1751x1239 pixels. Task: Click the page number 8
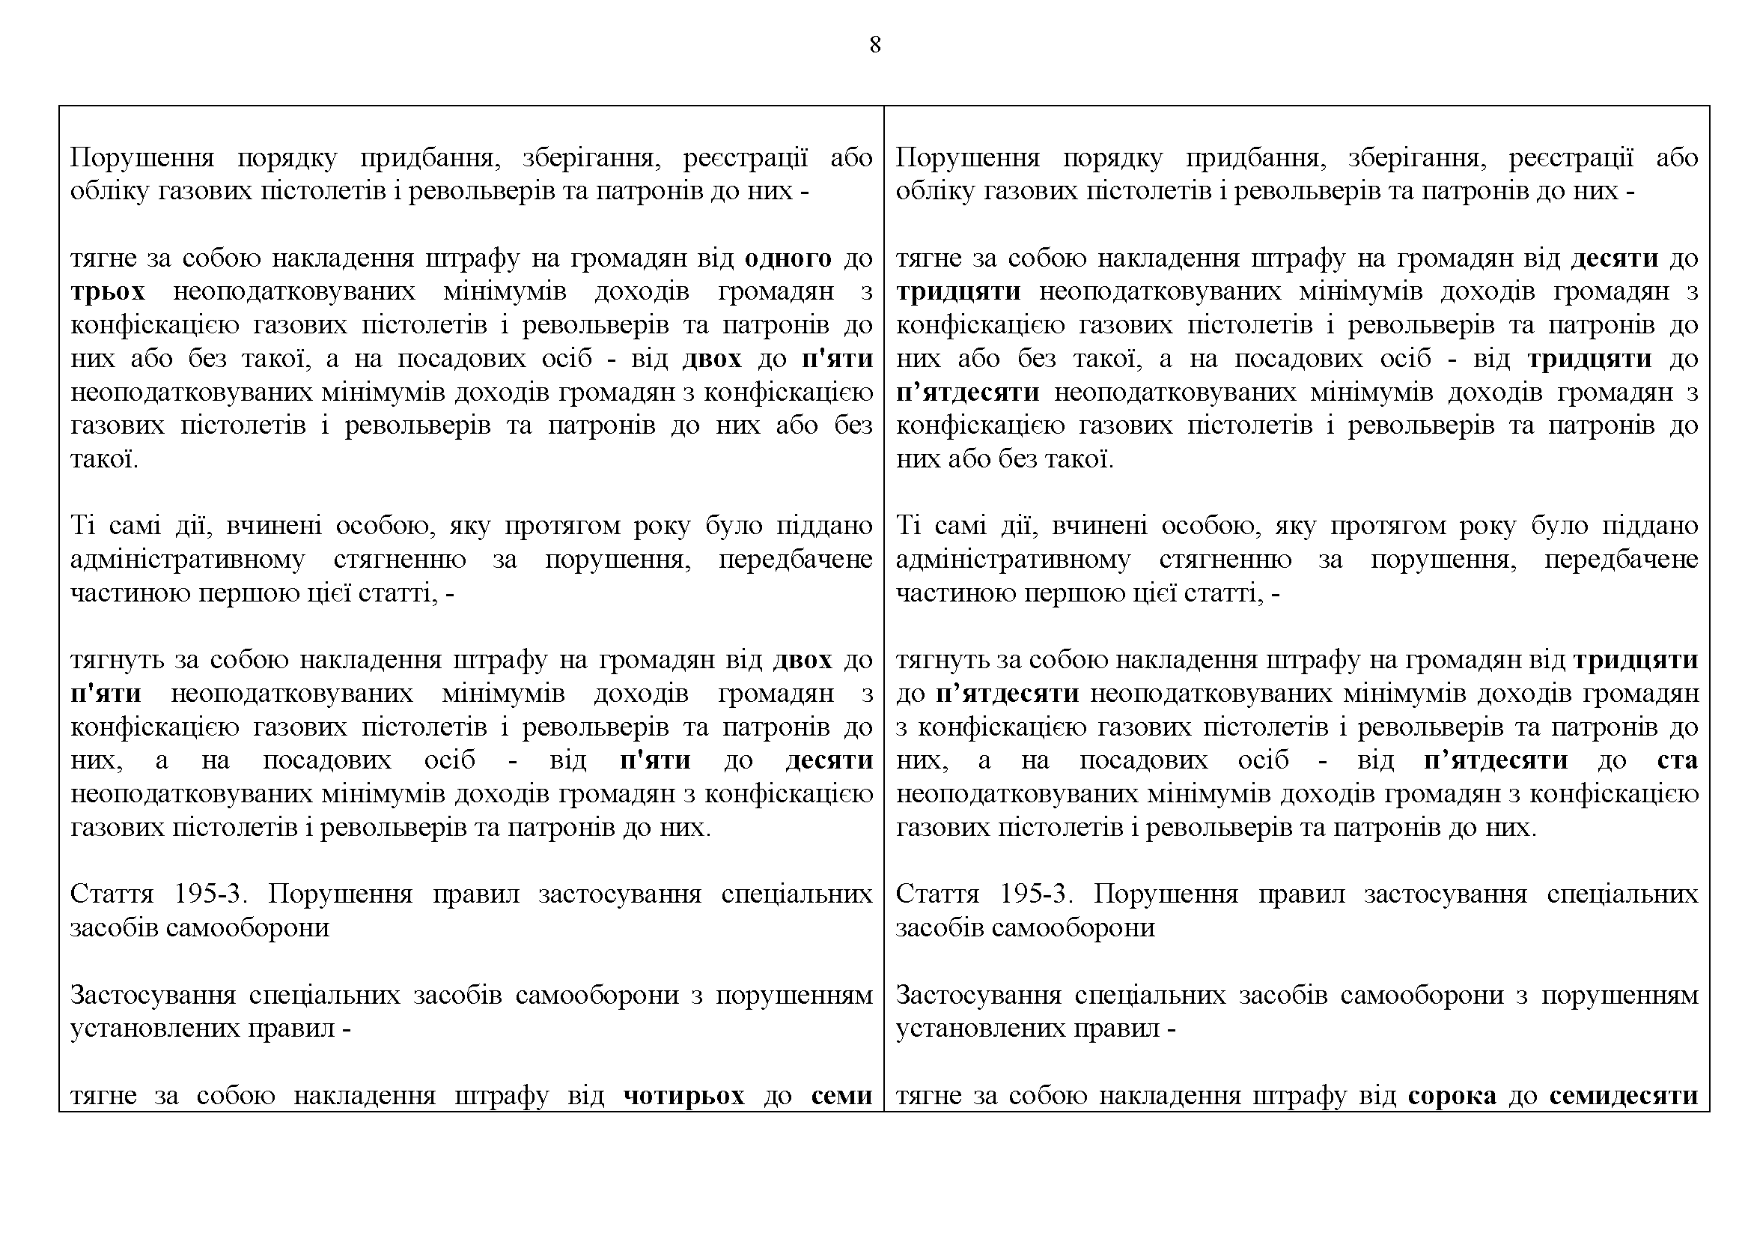click(874, 46)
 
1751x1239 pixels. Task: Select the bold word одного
click(788, 258)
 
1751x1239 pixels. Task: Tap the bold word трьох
click(108, 292)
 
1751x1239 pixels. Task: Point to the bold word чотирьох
click(684, 1096)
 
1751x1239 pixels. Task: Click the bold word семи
click(842, 1096)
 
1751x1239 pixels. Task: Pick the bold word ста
click(1677, 760)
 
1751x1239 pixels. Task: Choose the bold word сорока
click(1452, 1096)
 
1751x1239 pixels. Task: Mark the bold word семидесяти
click(1624, 1096)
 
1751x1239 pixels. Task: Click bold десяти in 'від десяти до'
click(1615, 258)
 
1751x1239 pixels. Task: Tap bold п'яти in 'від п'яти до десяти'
click(655, 760)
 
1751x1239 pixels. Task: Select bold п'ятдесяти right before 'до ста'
click(1496, 760)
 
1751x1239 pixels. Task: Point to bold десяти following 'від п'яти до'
click(829, 760)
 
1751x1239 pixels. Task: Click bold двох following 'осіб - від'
click(711, 359)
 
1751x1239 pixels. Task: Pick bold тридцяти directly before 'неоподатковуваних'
click(958, 292)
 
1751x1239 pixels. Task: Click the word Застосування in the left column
click(152, 995)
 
